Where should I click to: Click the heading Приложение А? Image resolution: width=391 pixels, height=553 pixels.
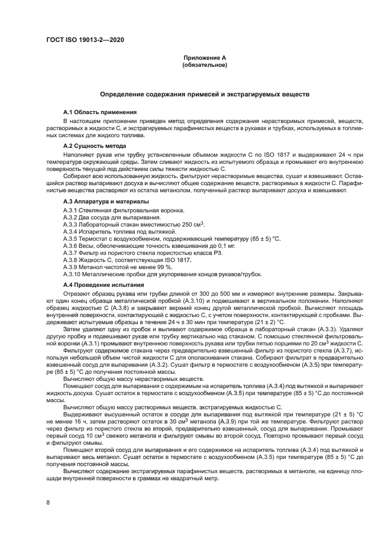point(205,57)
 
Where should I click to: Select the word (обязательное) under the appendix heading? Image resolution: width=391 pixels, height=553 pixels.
point(205,64)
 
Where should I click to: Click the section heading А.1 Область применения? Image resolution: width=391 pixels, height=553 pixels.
point(100,112)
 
